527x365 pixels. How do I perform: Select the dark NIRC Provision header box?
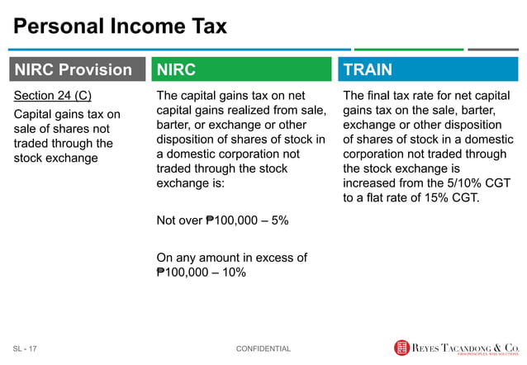(x=74, y=69)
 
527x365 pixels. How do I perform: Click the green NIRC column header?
(x=240, y=69)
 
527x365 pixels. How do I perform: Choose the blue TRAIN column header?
(x=426, y=69)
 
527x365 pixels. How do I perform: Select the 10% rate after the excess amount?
(x=232, y=272)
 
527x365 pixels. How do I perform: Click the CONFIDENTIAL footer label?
(x=263, y=349)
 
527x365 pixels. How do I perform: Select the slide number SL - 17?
(x=25, y=349)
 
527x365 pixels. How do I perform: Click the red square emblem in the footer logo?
(x=402, y=348)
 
